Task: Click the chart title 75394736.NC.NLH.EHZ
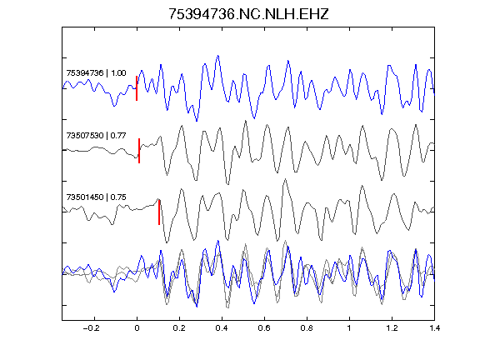pos(248,14)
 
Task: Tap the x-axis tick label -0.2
pos(92,328)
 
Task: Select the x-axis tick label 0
pos(137,328)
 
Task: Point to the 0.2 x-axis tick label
pos(179,328)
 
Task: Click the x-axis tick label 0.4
pos(222,328)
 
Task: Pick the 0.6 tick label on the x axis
pos(264,328)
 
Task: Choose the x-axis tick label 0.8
pos(307,328)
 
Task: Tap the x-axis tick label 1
pos(349,328)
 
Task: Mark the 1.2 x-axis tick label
pos(392,328)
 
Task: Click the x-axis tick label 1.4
pos(434,328)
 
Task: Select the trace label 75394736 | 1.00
pos(96,73)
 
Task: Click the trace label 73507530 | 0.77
pos(96,135)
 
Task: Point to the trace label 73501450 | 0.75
pos(96,197)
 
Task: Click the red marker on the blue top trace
pos(137,88)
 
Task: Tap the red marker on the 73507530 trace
pos(139,151)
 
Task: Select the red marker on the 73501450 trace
pos(159,212)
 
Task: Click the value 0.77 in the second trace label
pos(118,135)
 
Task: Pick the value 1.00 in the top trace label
pos(118,73)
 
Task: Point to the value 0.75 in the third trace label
pos(118,197)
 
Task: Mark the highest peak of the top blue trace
pos(218,56)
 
